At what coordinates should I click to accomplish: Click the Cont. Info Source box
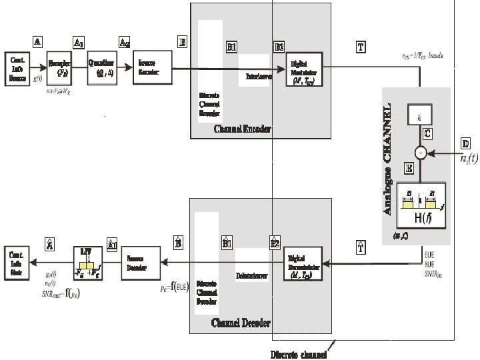click(x=18, y=69)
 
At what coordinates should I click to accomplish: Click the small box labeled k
click(x=419, y=117)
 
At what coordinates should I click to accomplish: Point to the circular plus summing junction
click(x=420, y=153)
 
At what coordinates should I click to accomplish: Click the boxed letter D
click(x=465, y=143)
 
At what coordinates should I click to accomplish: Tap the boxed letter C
click(x=427, y=133)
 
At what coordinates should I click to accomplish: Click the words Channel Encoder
click(x=242, y=129)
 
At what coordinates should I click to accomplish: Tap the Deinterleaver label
click(x=251, y=274)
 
